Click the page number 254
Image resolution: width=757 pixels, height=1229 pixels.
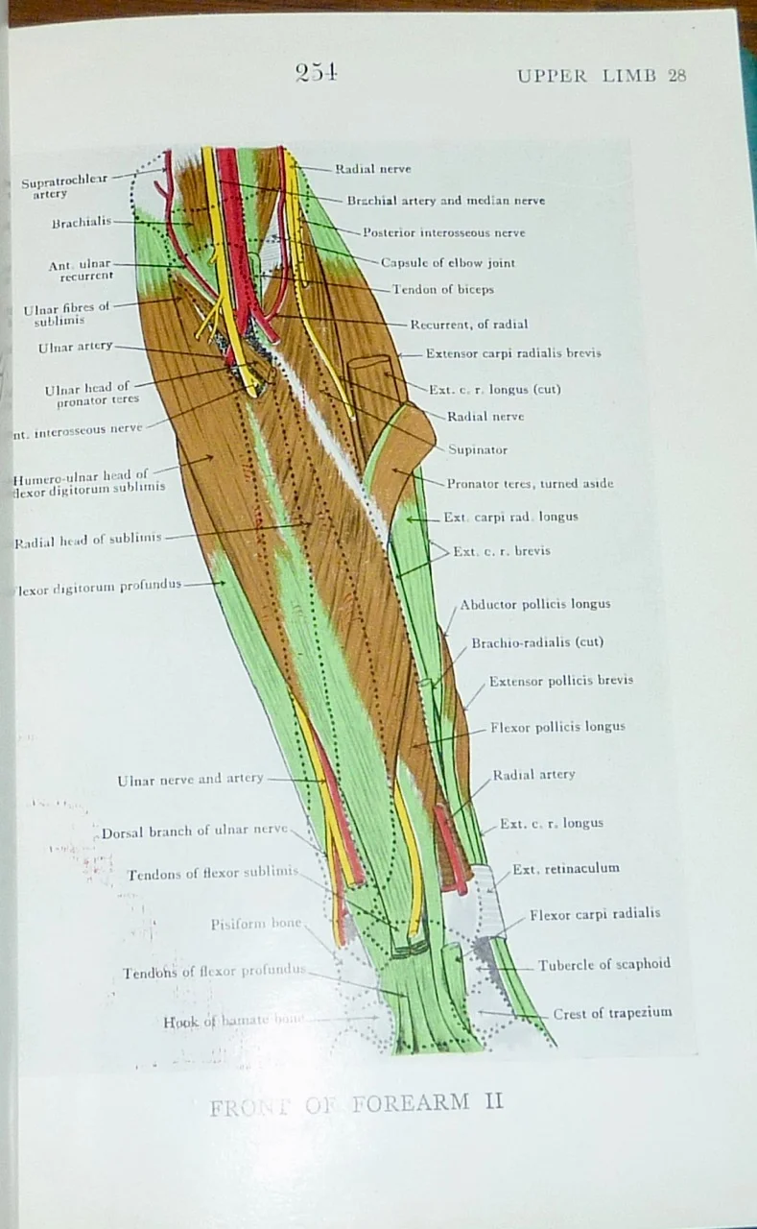click(x=316, y=73)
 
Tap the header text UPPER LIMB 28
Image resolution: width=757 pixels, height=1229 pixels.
click(x=602, y=76)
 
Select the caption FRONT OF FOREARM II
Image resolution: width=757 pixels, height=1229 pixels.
click(x=356, y=1104)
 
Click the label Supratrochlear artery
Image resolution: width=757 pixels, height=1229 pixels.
click(x=64, y=186)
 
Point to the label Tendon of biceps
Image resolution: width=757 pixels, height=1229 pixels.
click(x=442, y=290)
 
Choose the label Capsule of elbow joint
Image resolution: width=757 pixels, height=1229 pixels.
click(x=447, y=263)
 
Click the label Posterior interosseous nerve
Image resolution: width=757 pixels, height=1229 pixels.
click(x=443, y=232)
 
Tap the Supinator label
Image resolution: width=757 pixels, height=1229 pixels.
click(x=478, y=449)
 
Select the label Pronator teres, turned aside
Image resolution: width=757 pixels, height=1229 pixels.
click(x=530, y=483)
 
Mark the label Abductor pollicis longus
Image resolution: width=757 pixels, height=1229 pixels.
click(x=534, y=605)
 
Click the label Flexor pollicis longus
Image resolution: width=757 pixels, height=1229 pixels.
click(x=556, y=727)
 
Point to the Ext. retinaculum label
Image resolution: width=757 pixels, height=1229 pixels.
click(x=565, y=869)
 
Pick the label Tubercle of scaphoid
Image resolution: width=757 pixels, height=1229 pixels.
click(x=603, y=964)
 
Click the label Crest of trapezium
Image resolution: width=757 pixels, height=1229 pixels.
click(x=612, y=1013)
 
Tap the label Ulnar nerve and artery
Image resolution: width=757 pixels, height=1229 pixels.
click(x=190, y=780)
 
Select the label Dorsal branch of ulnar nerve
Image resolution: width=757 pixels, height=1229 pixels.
click(x=194, y=831)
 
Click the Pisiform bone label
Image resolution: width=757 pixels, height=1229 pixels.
click(x=256, y=924)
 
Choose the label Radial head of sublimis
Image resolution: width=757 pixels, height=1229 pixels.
click(x=87, y=540)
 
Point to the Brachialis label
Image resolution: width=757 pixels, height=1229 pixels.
click(x=82, y=223)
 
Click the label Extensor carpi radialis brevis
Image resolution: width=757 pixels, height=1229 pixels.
click(x=513, y=353)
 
